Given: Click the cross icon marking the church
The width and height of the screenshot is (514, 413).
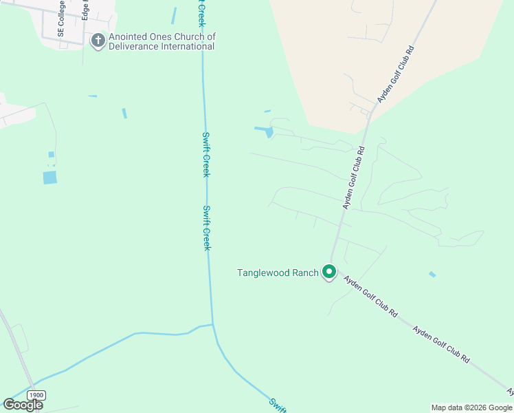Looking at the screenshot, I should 98,41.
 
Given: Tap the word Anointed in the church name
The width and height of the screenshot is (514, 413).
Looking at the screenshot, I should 130,36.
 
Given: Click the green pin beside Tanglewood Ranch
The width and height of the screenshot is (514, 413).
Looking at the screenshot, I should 329,273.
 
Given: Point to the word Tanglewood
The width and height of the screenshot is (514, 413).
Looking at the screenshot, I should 262,273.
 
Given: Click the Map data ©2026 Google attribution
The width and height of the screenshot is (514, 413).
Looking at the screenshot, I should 471,407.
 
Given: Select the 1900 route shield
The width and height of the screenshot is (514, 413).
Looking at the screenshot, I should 36,395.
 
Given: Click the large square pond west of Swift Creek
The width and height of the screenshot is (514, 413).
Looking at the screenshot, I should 50,178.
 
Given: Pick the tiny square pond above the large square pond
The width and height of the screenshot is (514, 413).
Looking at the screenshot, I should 51,155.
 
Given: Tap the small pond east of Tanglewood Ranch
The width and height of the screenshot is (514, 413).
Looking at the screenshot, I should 432,275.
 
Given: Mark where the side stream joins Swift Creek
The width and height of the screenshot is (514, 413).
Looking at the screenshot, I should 213,324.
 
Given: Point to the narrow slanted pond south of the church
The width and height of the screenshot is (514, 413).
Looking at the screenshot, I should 124,113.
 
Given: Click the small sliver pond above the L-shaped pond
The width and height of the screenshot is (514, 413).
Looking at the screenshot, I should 267,111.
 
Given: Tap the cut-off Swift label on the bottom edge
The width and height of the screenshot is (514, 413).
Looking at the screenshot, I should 278,405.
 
